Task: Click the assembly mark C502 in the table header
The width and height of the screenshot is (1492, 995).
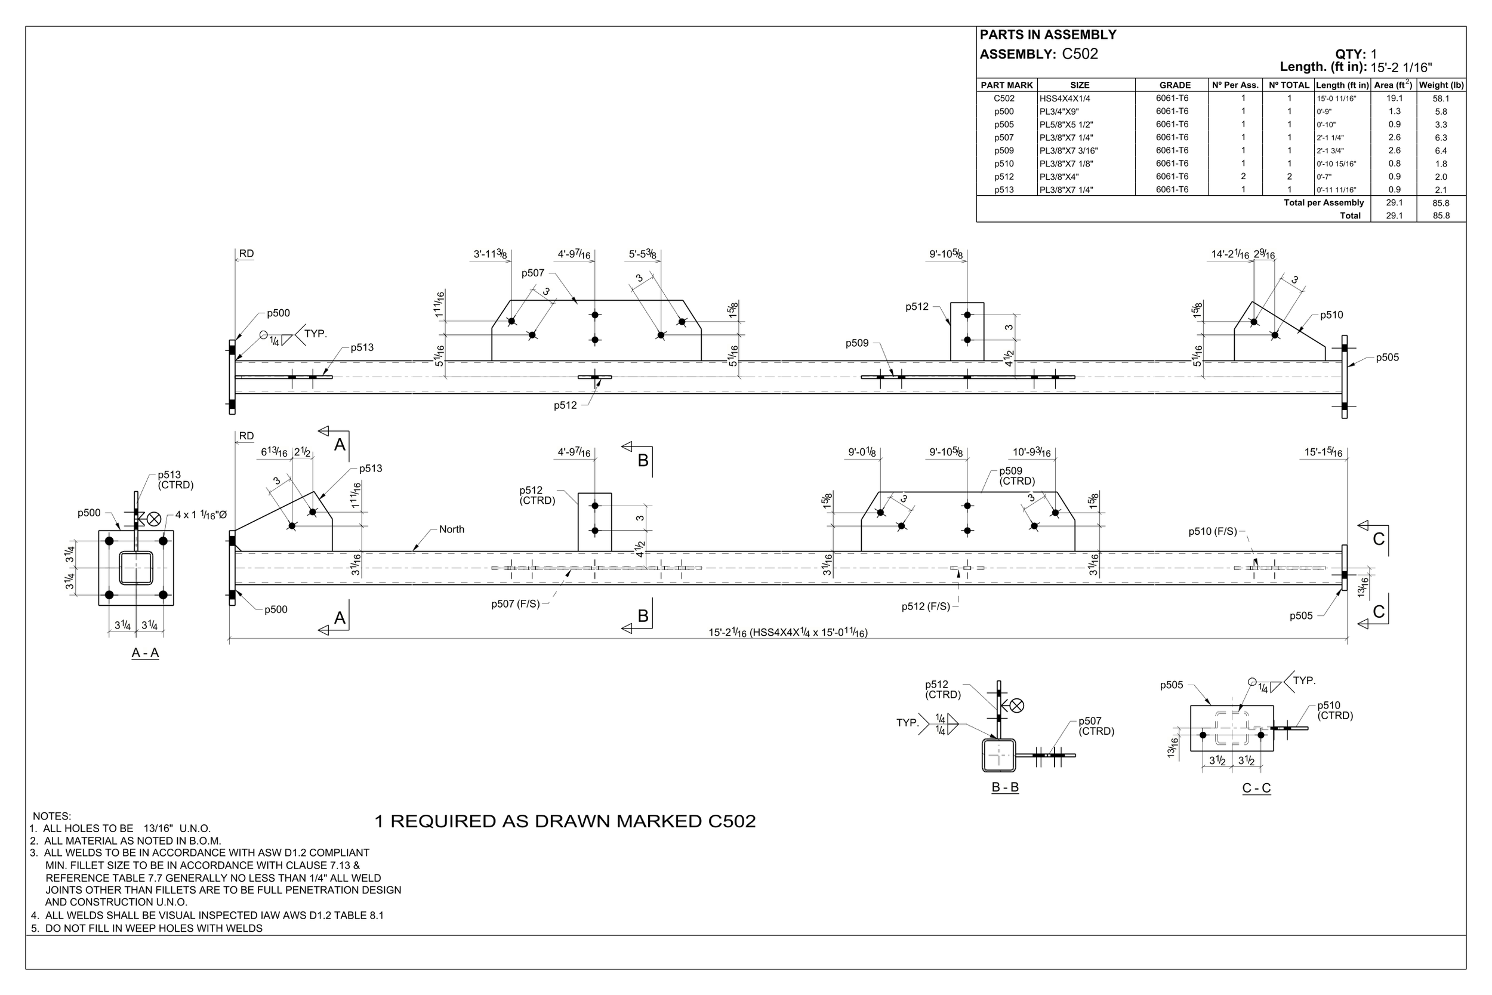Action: (x=1080, y=54)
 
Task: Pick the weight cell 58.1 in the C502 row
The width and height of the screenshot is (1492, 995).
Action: (x=1441, y=98)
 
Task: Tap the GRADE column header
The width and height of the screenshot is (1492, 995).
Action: (x=1175, y=85)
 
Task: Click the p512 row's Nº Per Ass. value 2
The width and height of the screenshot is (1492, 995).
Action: (x=1243, y=177)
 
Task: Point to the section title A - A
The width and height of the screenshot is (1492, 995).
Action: (x=144, y=653)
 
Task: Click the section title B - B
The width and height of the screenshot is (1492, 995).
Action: (x=1005, y=787)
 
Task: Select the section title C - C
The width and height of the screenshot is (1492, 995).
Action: (x=1256, y=788)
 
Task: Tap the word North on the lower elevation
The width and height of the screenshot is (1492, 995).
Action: (x=452, y=529)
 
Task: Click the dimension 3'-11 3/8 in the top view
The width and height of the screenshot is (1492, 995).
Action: (x=490, y=254)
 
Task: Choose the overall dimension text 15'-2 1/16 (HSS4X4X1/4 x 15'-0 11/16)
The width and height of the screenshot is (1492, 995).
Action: (x=788, y=632)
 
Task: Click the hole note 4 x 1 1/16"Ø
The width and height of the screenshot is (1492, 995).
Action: (x=201, y=515)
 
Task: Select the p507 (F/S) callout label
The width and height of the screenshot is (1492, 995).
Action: (x=515, y=604)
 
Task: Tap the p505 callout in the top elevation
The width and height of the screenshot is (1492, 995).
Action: (x=1387, y=358)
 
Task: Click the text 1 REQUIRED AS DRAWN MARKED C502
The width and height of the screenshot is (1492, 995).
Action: (x=565, y=821)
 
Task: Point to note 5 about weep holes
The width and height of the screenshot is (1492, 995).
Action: (x=147, y=928)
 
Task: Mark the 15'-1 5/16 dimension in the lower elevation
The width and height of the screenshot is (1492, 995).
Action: (x=1323, y=452)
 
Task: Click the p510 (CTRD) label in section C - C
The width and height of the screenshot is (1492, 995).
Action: (x=1334, y=710)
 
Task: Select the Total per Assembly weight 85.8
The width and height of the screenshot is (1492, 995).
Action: (x=1441, y=203)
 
